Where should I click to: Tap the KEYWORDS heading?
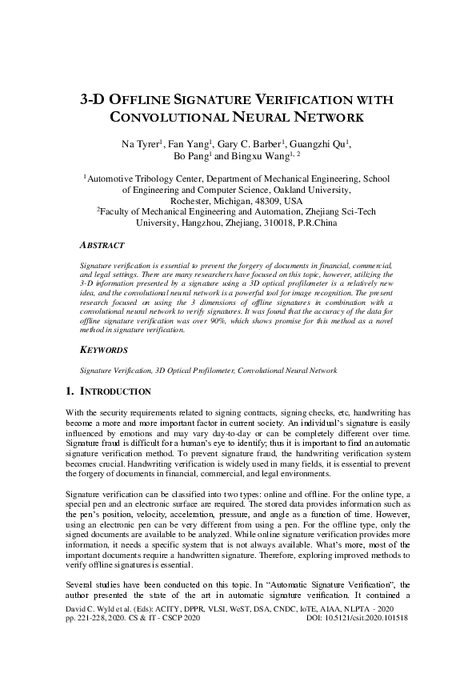[x=104, y=350]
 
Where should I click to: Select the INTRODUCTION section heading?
[x=115, y=391]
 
